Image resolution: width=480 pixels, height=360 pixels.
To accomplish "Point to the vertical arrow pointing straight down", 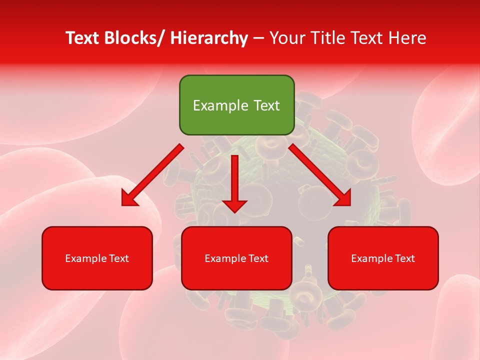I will coord(234,180).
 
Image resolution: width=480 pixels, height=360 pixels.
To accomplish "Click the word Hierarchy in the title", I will coord(208,38).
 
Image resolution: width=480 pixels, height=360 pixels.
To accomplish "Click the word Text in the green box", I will coord(265,105).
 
